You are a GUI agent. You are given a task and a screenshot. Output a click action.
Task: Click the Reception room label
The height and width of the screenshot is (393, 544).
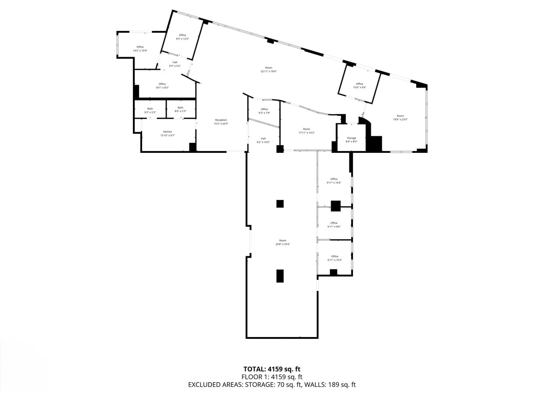[x=221, y=120]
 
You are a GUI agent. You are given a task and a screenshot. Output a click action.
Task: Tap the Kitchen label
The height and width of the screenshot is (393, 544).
[x=167, y=131]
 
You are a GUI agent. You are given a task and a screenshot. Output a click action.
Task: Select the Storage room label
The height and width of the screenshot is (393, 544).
[x=352, y=138]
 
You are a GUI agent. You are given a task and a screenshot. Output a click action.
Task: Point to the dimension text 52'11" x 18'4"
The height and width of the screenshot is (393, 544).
[x=269, y=71]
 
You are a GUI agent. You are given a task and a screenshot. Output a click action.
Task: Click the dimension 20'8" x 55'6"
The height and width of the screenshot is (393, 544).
[x=283, y=244]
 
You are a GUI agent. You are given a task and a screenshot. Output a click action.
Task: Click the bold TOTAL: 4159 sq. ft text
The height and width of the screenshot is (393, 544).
[x=272, y=369]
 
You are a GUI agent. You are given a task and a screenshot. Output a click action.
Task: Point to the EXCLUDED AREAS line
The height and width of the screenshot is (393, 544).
[x=272, y=385]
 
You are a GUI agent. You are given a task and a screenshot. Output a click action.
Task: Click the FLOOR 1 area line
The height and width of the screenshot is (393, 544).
[x=272, y=377]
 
